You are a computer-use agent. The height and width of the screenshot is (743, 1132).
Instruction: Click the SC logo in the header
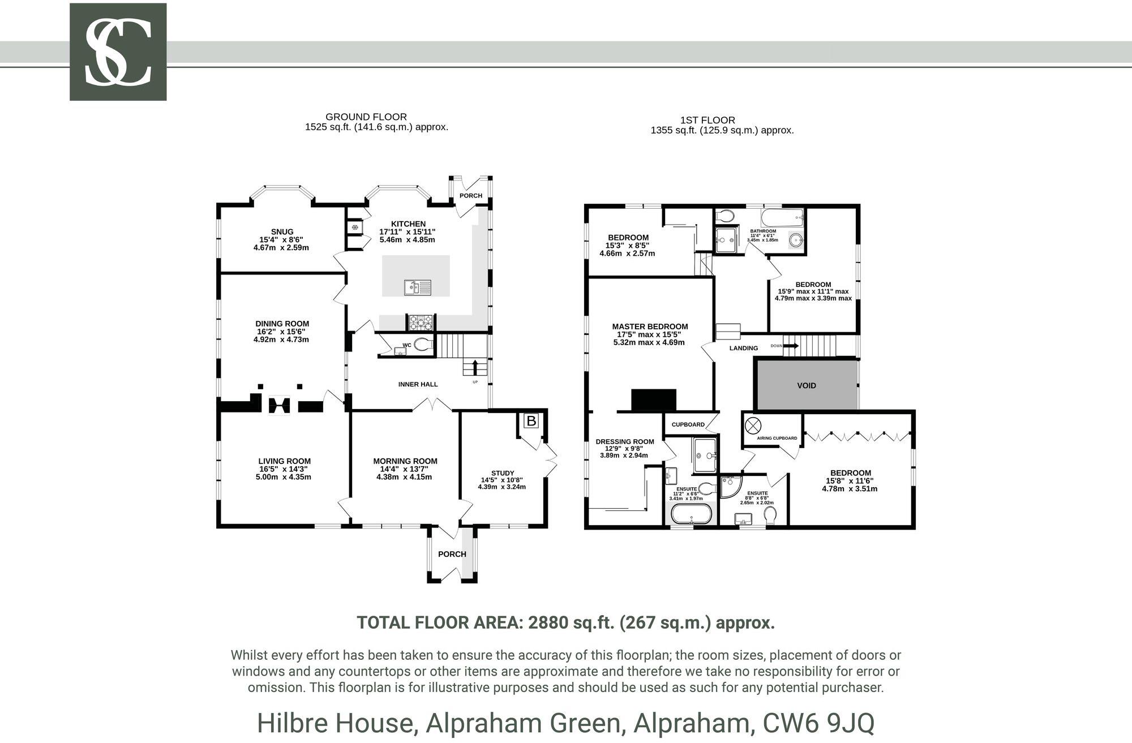[118, 52]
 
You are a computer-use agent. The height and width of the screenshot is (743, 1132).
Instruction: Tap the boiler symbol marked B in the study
[531, 421]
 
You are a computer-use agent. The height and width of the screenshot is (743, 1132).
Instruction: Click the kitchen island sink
[417, 287]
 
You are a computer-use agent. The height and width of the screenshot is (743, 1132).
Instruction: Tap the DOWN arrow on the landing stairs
[791, 346]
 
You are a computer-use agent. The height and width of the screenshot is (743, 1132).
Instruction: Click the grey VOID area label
[806, 385]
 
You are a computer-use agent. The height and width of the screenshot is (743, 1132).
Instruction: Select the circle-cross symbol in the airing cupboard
[753, 425]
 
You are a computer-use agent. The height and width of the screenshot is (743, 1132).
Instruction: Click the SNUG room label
[282, 231]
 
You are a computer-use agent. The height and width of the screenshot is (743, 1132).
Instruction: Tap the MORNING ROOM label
[405, 461]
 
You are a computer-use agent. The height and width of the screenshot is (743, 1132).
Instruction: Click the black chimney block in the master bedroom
[654, 400]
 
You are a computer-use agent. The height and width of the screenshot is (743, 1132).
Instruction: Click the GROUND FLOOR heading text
[366, 117]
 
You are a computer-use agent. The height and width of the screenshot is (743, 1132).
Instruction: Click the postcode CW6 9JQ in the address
[818, 723]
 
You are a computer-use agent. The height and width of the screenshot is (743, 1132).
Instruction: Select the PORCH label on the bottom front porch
[452, 554]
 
